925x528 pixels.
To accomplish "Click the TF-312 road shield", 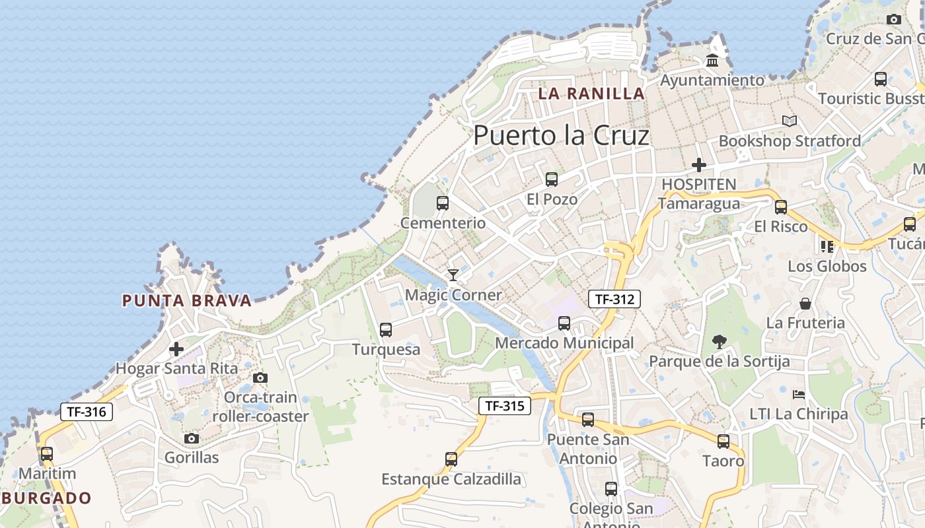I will click(614, 299).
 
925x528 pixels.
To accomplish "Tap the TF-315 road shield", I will click(505, 406).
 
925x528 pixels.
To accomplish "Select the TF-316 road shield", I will click(87, 412).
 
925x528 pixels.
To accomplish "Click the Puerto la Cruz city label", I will click(561, 135).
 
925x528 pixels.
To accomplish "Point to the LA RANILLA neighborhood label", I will click(591, 94).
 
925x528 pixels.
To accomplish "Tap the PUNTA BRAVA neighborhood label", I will click(187, 301).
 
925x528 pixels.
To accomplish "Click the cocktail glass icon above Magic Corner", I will click(453, 275).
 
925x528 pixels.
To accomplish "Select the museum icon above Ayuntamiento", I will click(712, 61).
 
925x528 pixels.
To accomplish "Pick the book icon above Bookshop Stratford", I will click(789, 121).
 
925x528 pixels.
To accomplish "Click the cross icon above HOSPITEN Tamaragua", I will click(698, 164).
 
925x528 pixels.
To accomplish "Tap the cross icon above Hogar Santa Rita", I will click(176, 348).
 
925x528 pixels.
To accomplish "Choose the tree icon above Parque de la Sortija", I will click(719, 341).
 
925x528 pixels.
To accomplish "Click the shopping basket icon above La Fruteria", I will click(805, 304).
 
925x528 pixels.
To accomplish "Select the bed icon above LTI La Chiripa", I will click(799, 395).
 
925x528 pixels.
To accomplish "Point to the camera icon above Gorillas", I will click(191, 438).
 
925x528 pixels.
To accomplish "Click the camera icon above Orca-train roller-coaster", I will click(260, 378).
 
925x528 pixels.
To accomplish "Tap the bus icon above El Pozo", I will click(551, 179).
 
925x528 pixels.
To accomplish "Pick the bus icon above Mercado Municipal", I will click(564, 323).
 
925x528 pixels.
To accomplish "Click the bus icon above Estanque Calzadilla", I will click(451, 459).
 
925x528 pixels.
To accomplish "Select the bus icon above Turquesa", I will click(386, 329).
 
